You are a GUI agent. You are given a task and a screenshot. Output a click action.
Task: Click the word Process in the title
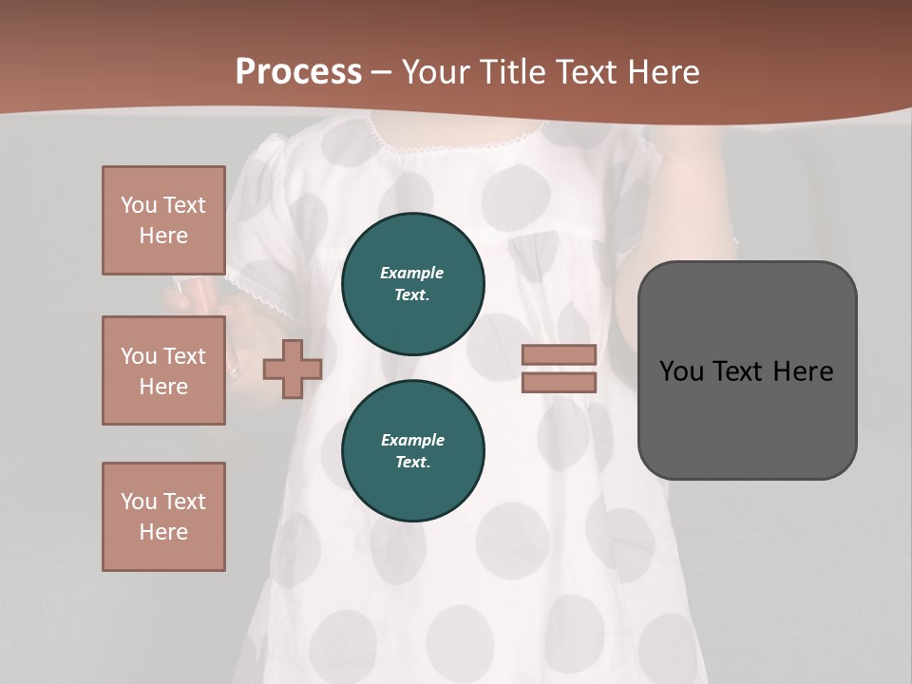click(x=298, y=72)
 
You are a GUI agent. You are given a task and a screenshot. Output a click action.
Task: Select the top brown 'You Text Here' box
click(x=163, y=220)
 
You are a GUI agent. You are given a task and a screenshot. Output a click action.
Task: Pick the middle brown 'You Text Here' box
click(x=163, y=370)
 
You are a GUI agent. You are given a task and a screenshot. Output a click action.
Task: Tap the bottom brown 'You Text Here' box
click(x=163, y=517)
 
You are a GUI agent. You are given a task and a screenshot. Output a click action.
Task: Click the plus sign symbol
click(x=293, y=369)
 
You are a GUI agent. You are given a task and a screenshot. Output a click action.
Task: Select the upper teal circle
click(x=413, y=283)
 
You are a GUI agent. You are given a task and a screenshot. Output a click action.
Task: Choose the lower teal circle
click(x=413, y=450)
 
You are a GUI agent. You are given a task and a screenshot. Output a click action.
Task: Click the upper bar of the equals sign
click(x=559, y=354)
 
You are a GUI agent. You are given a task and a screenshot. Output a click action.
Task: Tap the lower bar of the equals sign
click(x=559, y=382)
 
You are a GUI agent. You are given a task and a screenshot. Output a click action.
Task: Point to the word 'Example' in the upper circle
click(x=412, y=273)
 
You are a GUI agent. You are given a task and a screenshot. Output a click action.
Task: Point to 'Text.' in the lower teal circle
click(x=412, y=463)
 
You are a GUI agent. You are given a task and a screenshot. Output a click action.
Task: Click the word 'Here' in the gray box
click(x=803, y=371)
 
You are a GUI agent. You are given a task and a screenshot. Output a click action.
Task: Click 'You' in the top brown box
click(x=138, y=205)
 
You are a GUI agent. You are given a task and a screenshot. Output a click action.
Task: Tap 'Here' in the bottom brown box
click(x=163, y=532)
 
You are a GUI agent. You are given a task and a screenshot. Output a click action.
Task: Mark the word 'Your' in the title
click(x=436, y=72)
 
